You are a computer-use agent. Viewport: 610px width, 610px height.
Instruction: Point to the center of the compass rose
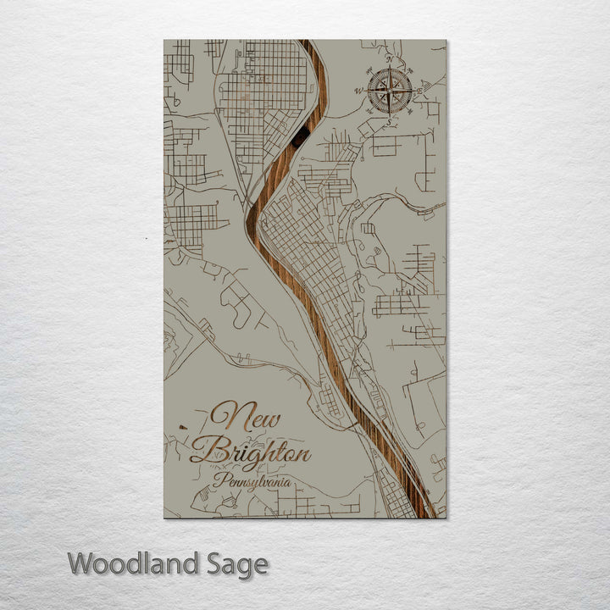point(391,90)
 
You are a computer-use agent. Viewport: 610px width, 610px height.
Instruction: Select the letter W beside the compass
point(359,91)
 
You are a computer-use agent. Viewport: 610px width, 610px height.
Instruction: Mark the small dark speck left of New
point(182,427)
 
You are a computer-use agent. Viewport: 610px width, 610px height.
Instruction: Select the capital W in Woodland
point(81,563)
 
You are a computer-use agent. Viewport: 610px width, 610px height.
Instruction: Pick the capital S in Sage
point(211,563)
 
